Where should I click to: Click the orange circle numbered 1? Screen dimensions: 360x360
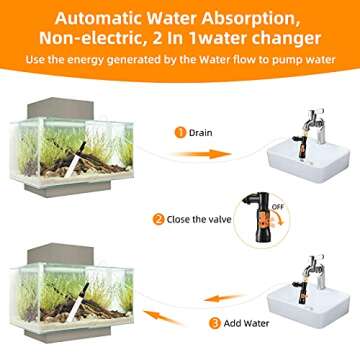[x=180, y=130]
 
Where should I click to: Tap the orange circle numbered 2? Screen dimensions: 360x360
[x=158, y=219]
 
